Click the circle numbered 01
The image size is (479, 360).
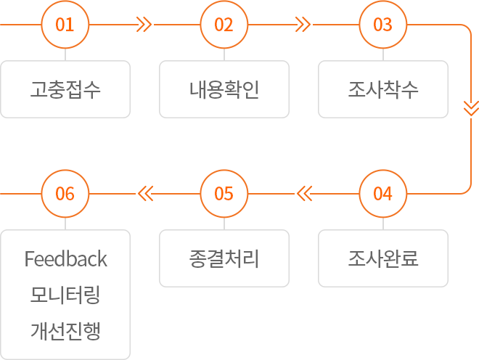pos(65,25)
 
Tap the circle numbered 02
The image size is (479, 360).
pos(224,25)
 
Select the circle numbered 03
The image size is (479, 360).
pos(382,25)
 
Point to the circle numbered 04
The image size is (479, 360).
pos(382,194)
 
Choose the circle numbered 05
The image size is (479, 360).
pos(224,194)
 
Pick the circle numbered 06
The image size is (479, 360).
pos(65,194)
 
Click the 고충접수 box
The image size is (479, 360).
pos(65,89)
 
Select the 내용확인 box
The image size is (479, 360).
pos(224,89)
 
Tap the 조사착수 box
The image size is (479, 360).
pos(382,89)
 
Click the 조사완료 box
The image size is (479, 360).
pos(382,258)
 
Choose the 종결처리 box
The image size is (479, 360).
pos(224,258)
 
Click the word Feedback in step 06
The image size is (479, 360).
pos(65,259)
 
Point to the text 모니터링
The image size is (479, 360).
pos(65,295)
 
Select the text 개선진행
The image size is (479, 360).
pos(65,332)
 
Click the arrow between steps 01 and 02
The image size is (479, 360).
pos(144,24)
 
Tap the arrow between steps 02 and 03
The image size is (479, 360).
pos(303,24)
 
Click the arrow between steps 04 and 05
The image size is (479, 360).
pos(303,195)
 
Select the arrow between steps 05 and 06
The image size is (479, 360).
pos(145,195)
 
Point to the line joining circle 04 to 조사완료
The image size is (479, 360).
pos(382,224)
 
